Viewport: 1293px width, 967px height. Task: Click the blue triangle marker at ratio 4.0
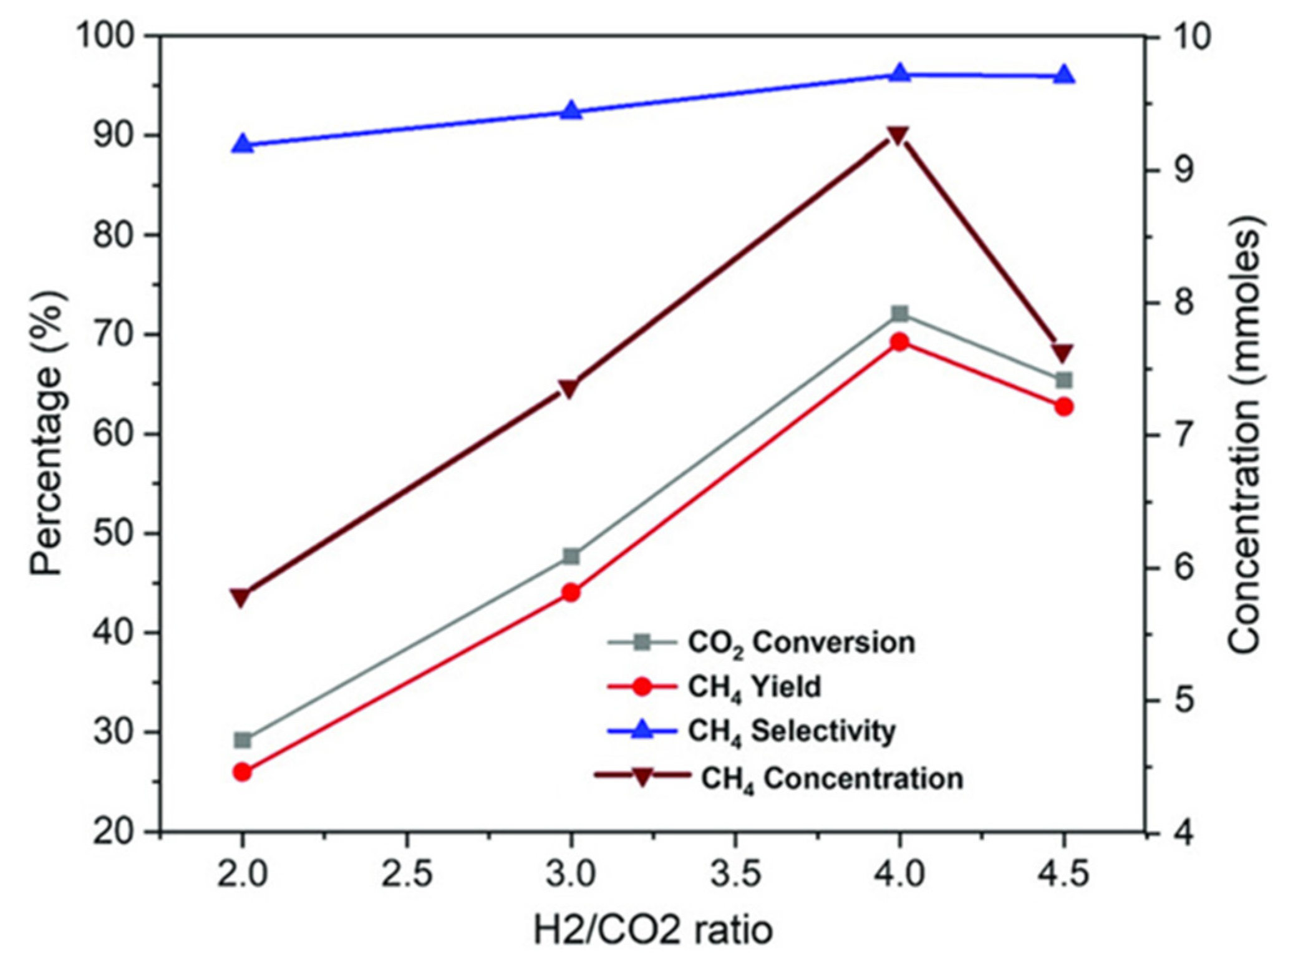click(x=899, y=73)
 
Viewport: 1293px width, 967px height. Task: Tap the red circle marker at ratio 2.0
click(x=242, y=772)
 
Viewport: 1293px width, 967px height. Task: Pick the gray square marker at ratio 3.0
click(x=571, y=556)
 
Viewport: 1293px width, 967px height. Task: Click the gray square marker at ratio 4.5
click(x=1063, y=380)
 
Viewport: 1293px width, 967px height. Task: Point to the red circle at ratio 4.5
click(x=1063, y=407)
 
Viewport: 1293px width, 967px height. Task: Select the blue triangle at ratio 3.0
click(x=571, y=111)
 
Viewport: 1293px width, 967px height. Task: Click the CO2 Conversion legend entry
click(x=801, y=643)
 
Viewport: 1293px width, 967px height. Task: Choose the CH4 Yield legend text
click(x=754, y=688)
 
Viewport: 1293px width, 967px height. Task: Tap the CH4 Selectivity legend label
click(x=792, y=731)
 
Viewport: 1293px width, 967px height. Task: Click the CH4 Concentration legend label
click(x=831, y=779)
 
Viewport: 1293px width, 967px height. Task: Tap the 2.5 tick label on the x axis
click(x=407, y=874)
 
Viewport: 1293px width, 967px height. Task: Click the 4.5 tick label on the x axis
click(x=1063, y=874)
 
